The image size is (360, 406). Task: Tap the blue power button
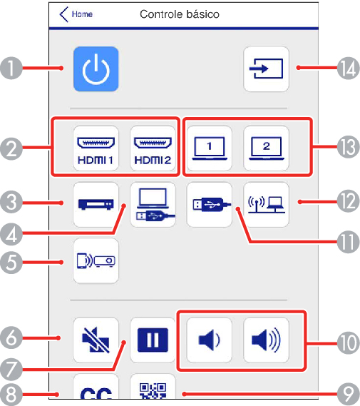pyautogui.click(x=96, y=69)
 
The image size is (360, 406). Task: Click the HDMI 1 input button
pyautogui.click(x=96, y=148)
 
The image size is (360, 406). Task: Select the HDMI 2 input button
pyautogui.click(x=153, y=148)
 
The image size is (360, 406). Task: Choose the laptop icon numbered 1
pyautogui.click(x=210, y=148)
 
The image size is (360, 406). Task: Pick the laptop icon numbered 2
pyautogui.click(x=266, y=148)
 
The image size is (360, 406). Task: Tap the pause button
pyautogui.click(x=153, y=340)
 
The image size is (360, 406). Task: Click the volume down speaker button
pyautogui.click(x=210, y=340)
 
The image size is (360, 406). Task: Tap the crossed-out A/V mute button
pyautogui.click(x=96, y=340)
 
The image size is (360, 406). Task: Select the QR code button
pyautogui.click(x=153, y=387)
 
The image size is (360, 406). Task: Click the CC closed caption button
pyautogui.click(x=96, y=387)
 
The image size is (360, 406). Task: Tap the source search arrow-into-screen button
pyautogui.click(x=266, y=69)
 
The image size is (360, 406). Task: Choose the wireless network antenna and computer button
pyautogui.click(x=266, y=205)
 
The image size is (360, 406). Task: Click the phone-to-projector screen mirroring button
pyautogui.click(x=96, y=260)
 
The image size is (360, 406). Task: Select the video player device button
pyautogui.click(x=96, y=205)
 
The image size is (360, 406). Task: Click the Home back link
pyautogui.click(x=76, y=14)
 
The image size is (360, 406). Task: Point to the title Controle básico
pyautogui.click(x=180, y=14)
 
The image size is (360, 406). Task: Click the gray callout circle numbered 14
pyautogui.click(x=349, y=68)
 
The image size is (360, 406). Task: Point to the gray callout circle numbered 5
pyautogui.click(x=11, y=263)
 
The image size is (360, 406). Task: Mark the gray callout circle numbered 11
pyautogui.click(x=349, y=242)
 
